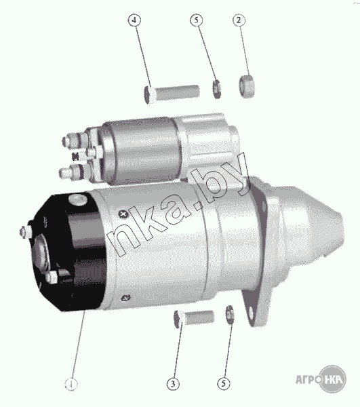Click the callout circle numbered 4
134,20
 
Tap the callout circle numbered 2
239,20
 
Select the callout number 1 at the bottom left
71,384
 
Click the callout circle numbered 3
173,384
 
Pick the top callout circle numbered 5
197,20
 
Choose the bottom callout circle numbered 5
224,383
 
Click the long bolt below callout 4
172,94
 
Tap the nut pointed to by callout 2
247,86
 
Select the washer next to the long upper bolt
216,89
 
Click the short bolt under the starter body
194,318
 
